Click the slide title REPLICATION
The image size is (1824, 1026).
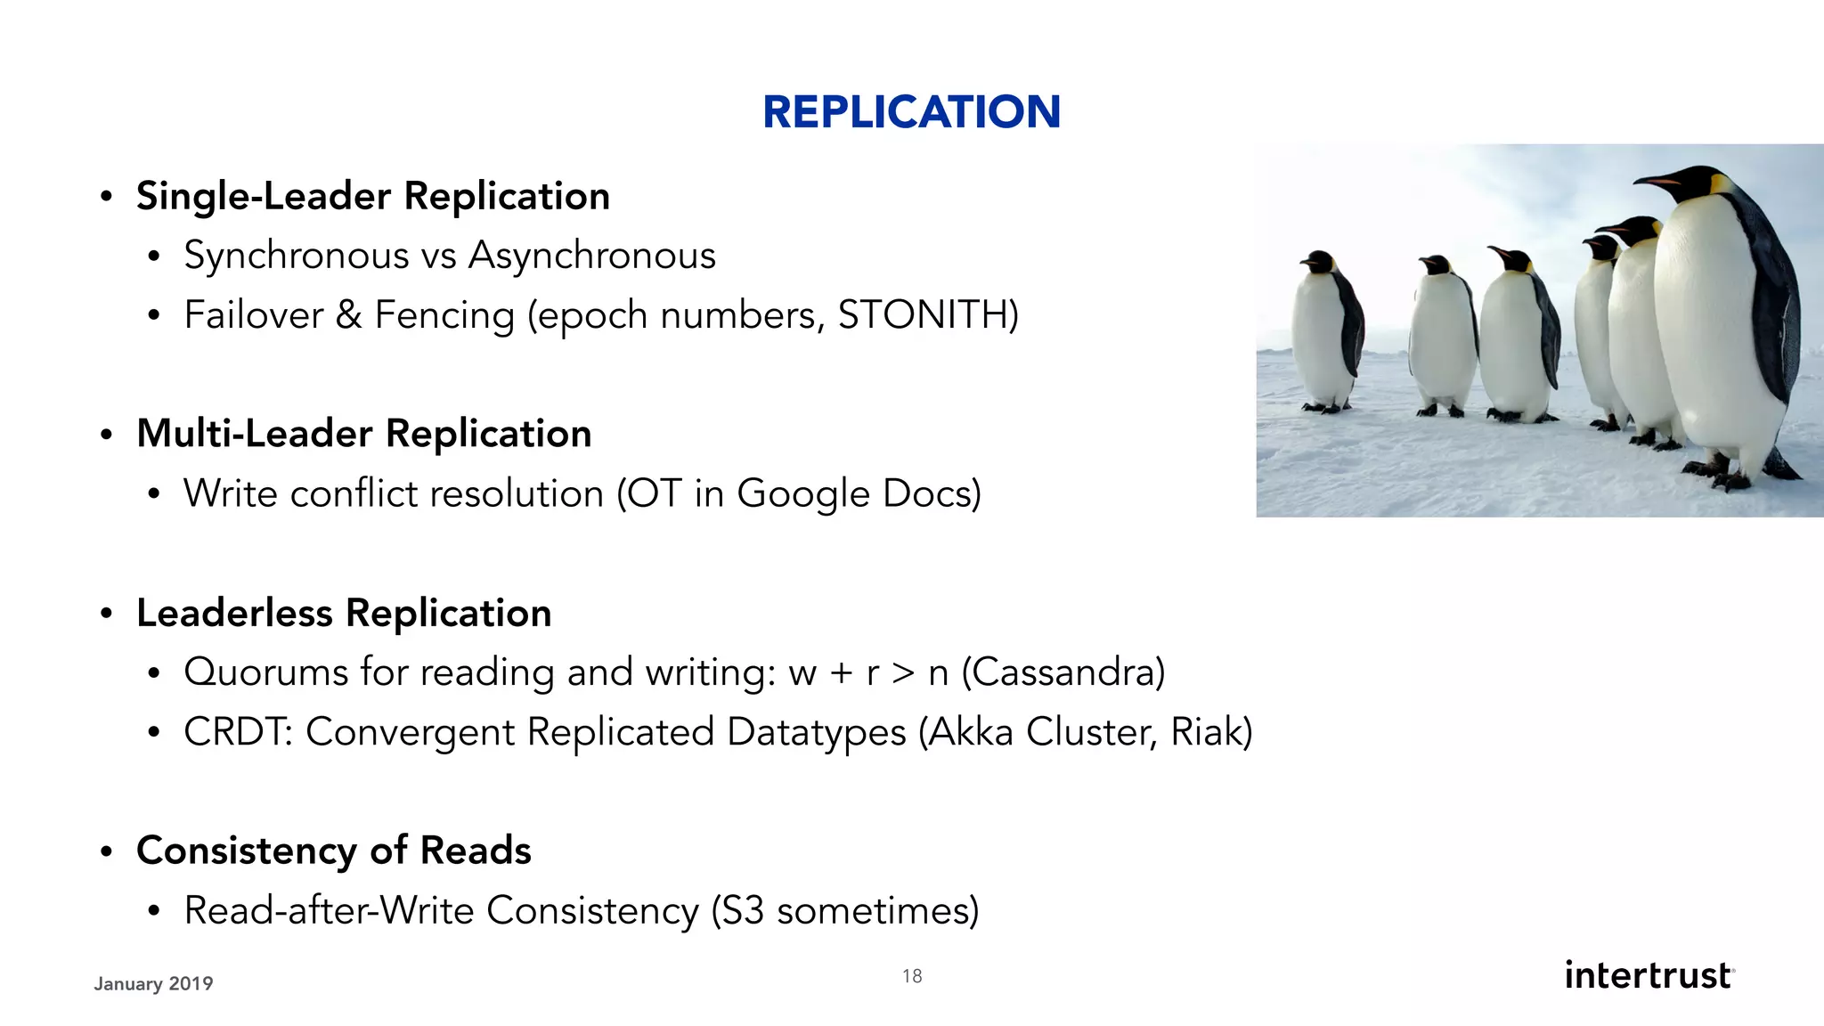(x=911, y=112)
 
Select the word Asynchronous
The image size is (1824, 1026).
(x=592, y=256)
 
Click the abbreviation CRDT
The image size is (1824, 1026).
(x=236, y=732)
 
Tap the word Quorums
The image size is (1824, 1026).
(x=265, y=672)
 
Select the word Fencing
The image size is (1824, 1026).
(x=444, y=315)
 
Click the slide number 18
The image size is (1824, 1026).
(x=912, y=976)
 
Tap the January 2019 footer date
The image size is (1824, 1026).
(x=153, y=983)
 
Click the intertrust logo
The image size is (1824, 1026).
(x=1649, y=975)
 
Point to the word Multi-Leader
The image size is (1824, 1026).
(x=255, y=434)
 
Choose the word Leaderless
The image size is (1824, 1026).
(x=234, y=613)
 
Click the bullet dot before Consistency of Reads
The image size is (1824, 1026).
(x=106, y=851)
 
